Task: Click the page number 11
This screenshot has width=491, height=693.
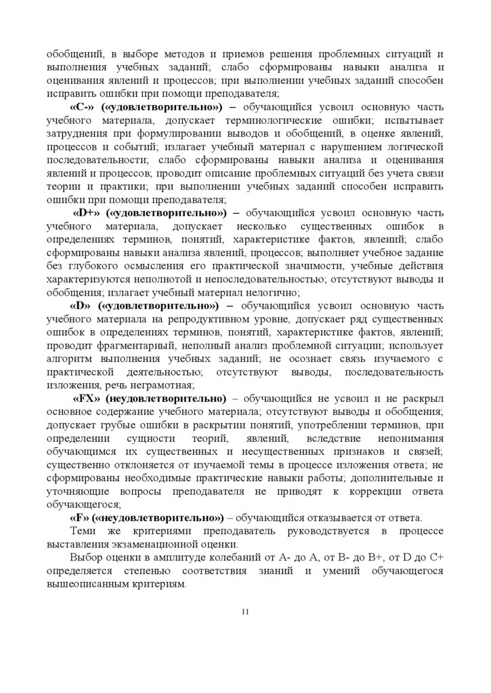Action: point(245,612)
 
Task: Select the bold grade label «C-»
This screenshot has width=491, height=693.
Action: point(82,108)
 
